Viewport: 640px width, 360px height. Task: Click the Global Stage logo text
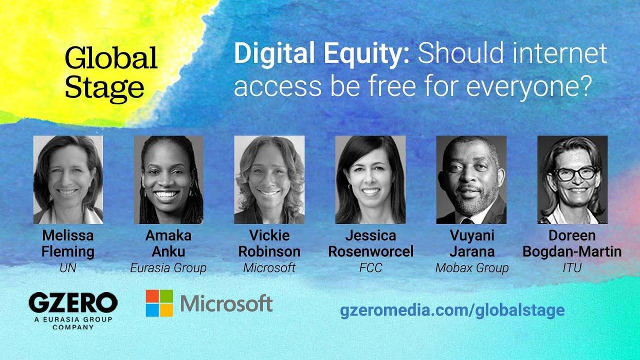click(111, 73)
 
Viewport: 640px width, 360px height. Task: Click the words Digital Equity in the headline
click(321, 54)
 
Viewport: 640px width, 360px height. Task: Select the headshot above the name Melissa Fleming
click(68, 179)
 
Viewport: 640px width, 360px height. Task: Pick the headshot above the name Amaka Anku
click(169, 179)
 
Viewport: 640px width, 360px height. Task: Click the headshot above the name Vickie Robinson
click(269, 179)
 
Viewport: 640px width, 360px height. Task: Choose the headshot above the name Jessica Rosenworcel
click(370, 179)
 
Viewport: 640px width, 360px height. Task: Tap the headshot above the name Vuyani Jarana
click(471, 179)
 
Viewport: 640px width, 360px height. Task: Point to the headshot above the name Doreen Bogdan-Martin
click(572, 179)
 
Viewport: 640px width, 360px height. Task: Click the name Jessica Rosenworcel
click(370, 244)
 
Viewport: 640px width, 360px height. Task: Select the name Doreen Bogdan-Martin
click(572, 244)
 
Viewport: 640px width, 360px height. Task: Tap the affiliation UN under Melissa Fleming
click(68, 268)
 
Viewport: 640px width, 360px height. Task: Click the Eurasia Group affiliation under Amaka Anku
click(168, 268)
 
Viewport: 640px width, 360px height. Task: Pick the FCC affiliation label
click(370, 268)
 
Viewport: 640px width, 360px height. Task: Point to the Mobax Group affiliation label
click(471, 268)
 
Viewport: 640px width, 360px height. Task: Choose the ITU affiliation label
click(572, 268)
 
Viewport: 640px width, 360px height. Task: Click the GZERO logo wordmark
click(73, 303)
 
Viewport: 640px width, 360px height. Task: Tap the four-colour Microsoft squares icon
click(159, 303)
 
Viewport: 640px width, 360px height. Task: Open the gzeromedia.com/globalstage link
click(452, 310)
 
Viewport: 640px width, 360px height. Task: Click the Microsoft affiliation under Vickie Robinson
click(269, 268)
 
